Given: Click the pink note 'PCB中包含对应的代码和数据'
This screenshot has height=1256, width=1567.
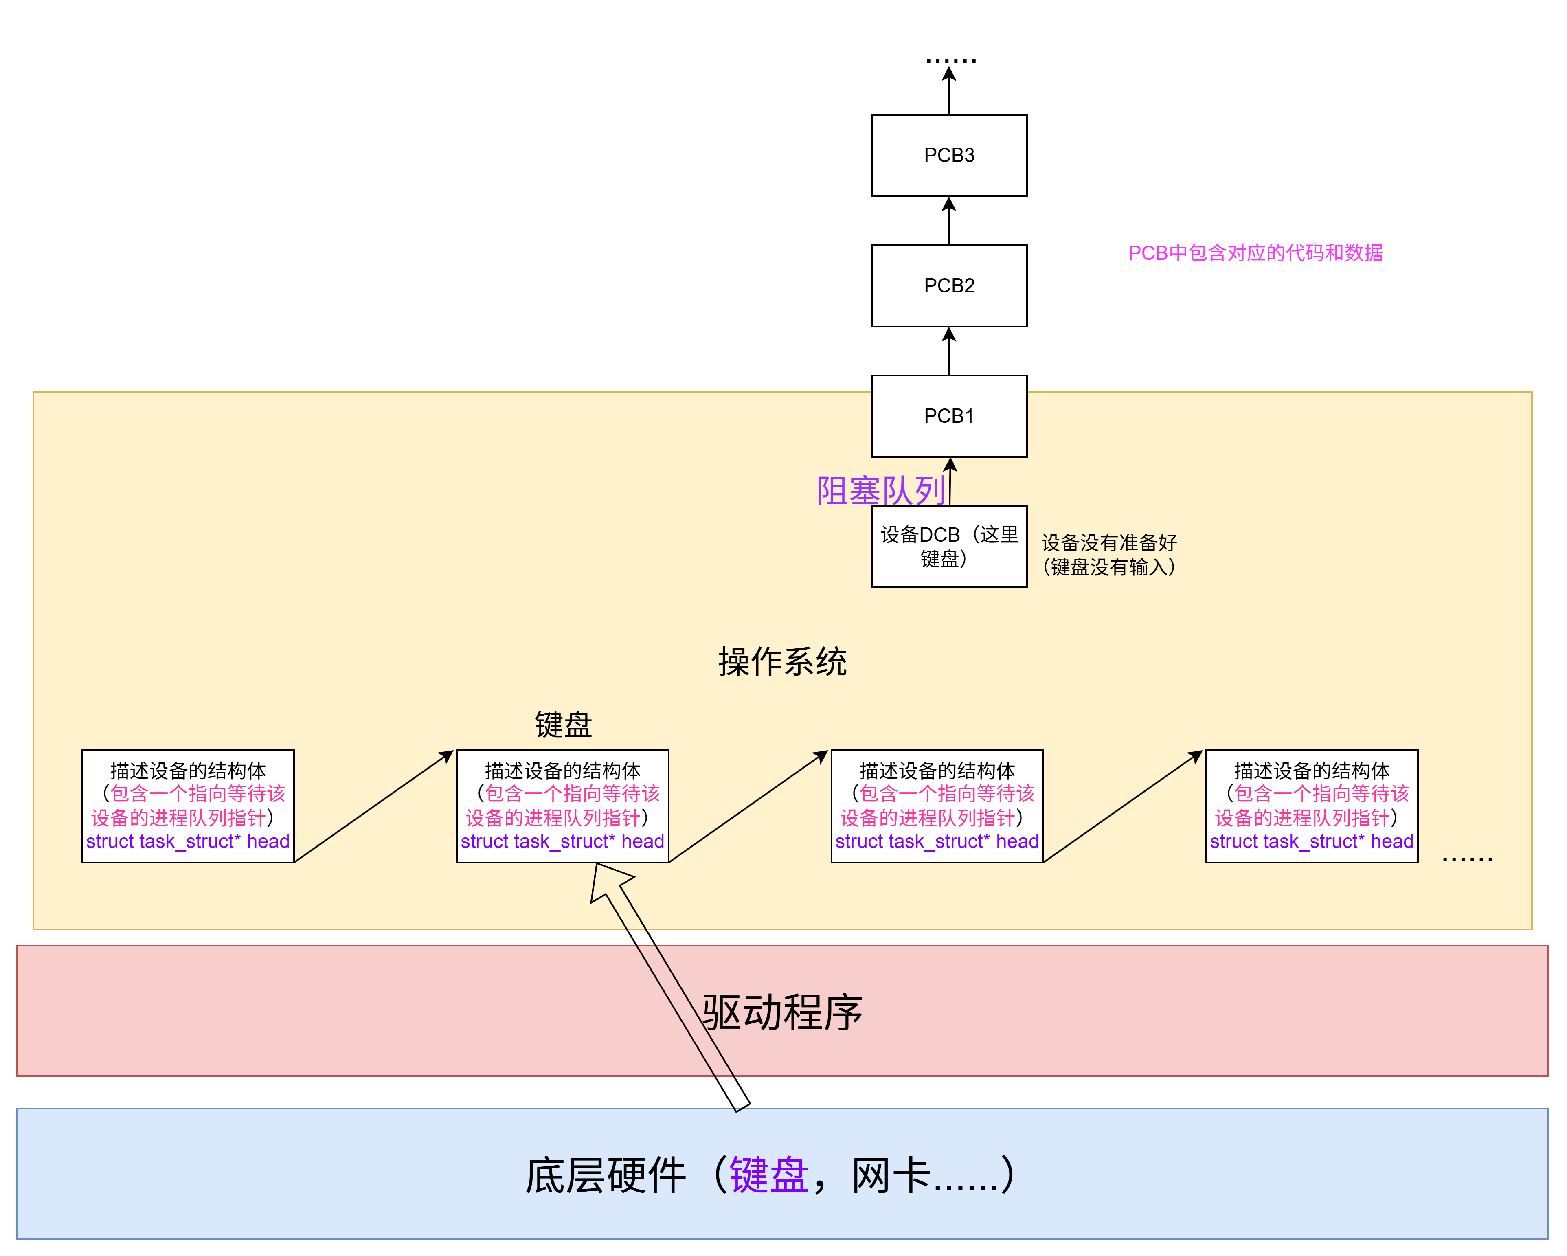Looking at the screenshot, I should [1255, 253].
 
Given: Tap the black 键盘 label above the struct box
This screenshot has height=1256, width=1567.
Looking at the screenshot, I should [563, 725].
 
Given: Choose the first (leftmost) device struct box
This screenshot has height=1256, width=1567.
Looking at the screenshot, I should [187, 806].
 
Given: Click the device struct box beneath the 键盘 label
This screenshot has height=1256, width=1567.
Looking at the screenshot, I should [562, 806].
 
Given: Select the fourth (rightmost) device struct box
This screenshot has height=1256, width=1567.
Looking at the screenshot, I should [1311, 806].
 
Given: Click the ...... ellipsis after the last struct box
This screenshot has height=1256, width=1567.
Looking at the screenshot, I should [1467, 858].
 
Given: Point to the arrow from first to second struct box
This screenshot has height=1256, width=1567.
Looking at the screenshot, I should [373, 807].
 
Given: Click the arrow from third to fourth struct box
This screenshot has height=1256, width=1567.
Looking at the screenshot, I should [1123, 807].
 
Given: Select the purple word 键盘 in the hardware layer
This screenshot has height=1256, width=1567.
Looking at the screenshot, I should [768, 1175].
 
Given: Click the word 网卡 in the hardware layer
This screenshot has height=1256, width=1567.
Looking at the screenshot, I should [890, 1175].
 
